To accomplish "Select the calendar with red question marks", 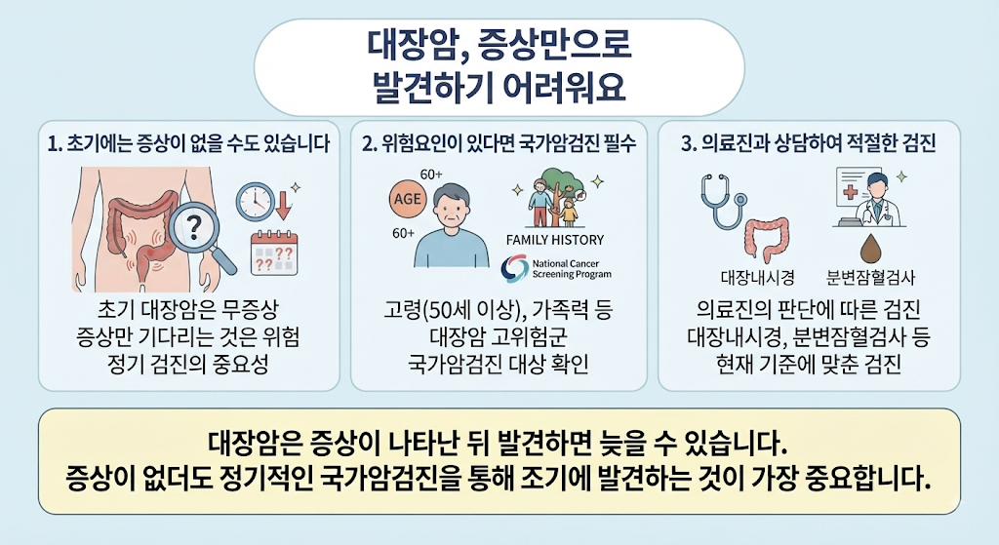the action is [274, 253].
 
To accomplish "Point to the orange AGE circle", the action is [407, 199].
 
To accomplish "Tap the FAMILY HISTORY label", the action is [554, 240].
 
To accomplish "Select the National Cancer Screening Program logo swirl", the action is [515, 269].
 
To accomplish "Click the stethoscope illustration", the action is [722, 201].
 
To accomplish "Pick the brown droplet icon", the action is [869, 249].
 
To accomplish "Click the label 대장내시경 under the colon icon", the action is [757, 278].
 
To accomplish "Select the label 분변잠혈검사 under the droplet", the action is [870, 278].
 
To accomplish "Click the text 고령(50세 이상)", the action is [449, 310].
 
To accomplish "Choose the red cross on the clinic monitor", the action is [851, 192].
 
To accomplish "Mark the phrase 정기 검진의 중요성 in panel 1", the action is [188, 365].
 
